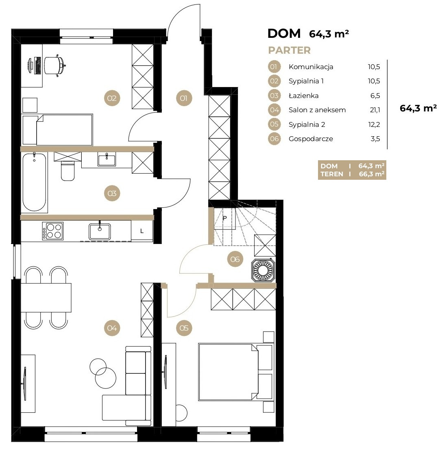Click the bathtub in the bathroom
click(x=34, y=182)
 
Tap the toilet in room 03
click(x=68, y=171)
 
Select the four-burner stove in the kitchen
click(x=53, y=231)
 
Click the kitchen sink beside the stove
click(x=100, y=231)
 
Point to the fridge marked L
click(x=142, y=231)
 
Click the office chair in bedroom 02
click(x=55, y=65)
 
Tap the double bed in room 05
click(x=235, y=372)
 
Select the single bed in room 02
click(x=57, y=130)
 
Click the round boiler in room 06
click(x=263, y=270)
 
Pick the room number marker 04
click(x=112, y=328)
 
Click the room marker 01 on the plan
click(x=184, y=98)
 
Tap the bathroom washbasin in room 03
click(x=107, y=159)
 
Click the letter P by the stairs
click(x=225, y=218)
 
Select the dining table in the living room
click(x=46, y=298)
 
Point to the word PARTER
click(x=290, y=50)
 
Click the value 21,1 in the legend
click(x=374, y=110)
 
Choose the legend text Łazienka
click(x=303, y=96)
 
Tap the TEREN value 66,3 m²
click(x=372, y=174)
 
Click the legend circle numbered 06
click(x=274, y=139)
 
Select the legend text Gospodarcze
click(x=311, y=139)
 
